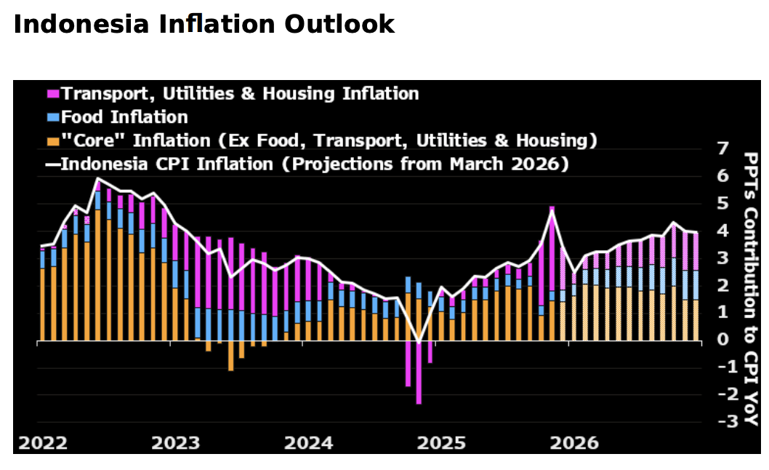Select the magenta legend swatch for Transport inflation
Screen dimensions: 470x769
coord(52,94)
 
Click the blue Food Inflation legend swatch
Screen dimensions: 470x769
coord(52,117)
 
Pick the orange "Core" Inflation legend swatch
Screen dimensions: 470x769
coord(52,140)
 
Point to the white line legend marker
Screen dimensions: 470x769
coord(52,164)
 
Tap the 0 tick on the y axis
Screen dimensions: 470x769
coord(722,340)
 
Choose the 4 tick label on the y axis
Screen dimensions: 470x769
coord(722,231)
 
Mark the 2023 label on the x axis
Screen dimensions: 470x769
coord(174,443)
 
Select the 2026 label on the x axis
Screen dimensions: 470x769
coord(575,443)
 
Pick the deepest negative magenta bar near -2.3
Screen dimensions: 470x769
coord(419,372)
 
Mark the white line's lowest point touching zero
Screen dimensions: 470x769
coord(419,341)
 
